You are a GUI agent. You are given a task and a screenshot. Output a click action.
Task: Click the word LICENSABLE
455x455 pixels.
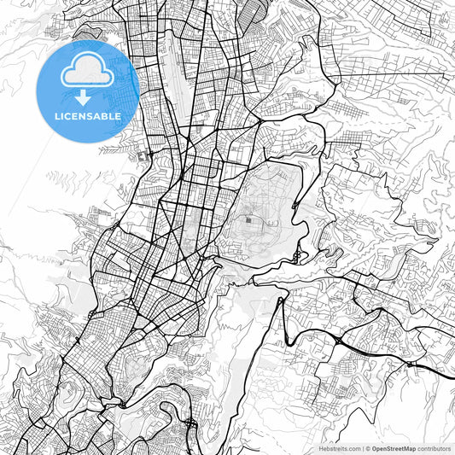pyautogui.click(x=88, y=115)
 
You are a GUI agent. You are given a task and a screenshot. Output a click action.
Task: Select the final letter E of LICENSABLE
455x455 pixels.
pyautogui.click(x=118, y=115)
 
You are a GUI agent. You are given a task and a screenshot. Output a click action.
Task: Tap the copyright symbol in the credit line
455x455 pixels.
pyautogui.click(x=368, y=448)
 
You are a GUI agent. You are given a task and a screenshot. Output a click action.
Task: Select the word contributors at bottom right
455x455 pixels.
pyautogui.click(x=434, y=448)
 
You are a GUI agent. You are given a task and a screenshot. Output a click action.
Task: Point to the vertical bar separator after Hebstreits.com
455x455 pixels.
pyautogui.click(x=363, y=448)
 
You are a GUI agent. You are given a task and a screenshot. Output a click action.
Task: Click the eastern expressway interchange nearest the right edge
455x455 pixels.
pyautogui.click(x=410, y=365)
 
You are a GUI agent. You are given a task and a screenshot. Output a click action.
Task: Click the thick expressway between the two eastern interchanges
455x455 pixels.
pyautogui.click(x=376, y=352)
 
